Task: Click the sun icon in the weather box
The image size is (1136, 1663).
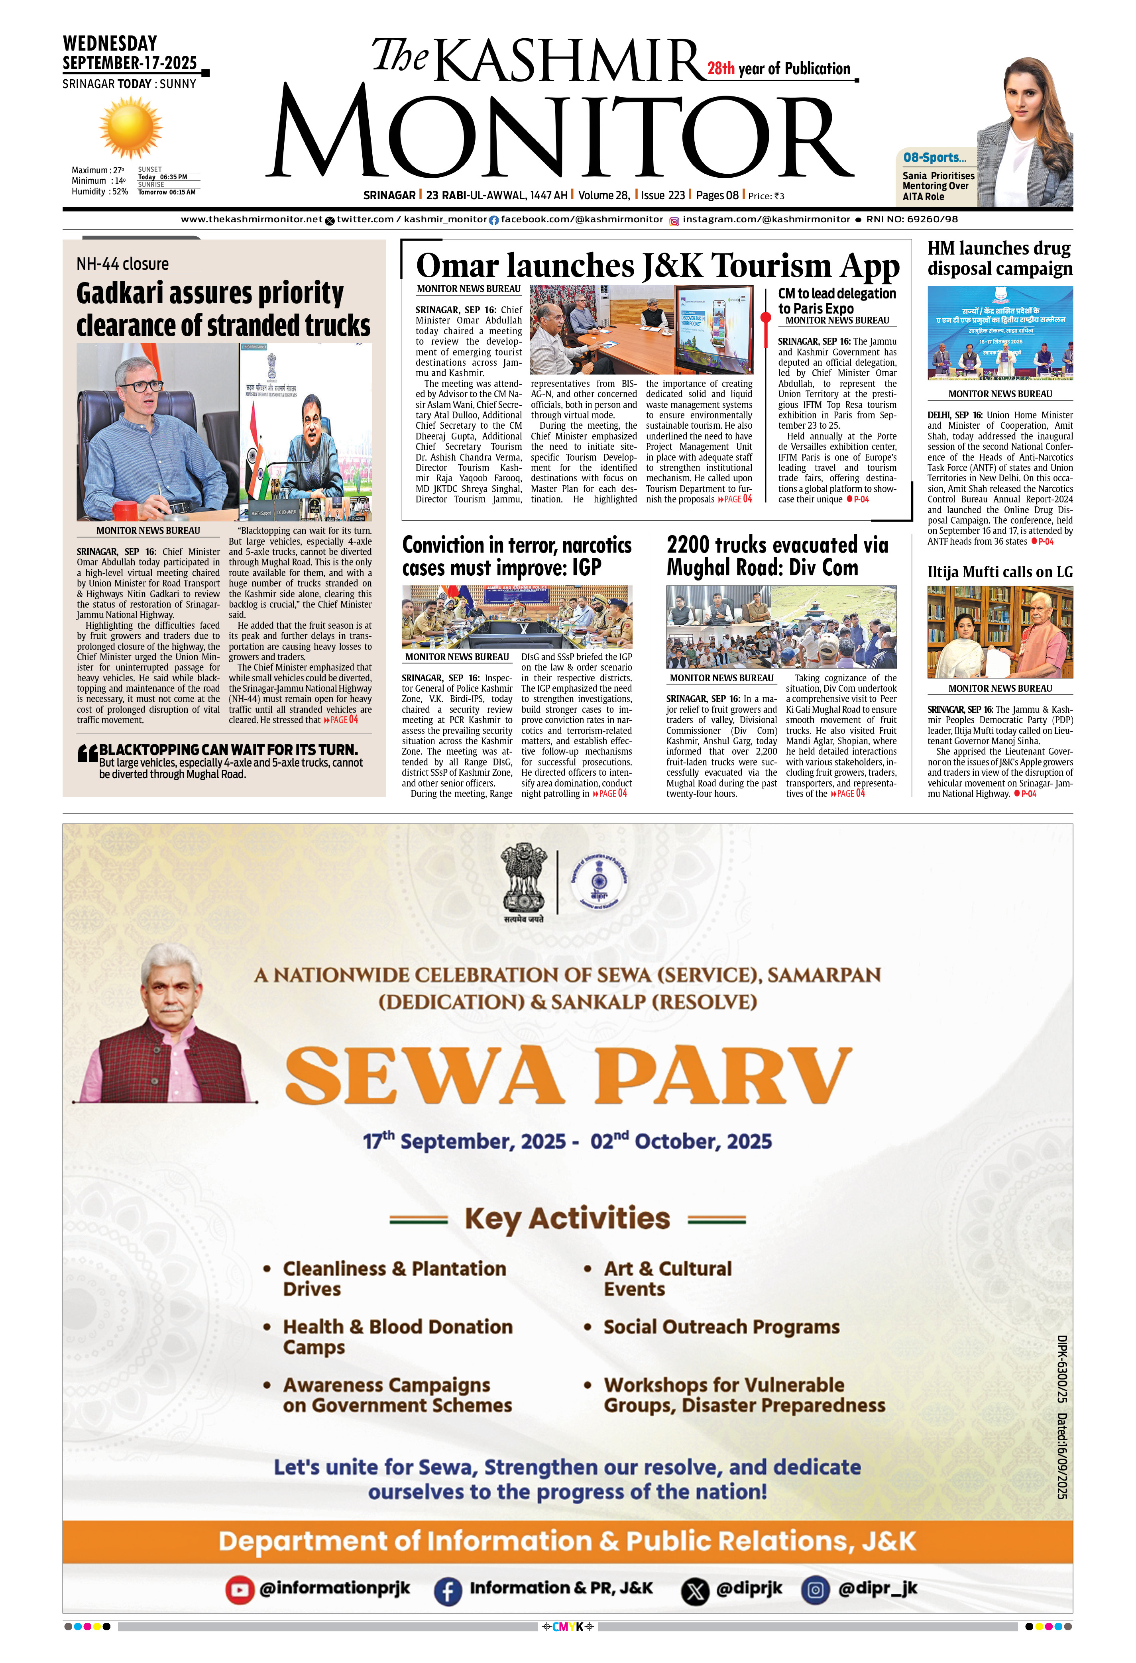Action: pyautogui.click(x=130, y=128)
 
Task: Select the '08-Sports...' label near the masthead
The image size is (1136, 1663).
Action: pyautogui.click(x=934, y=157)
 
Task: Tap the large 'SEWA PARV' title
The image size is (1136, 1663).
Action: pyautogui.click(x=568, y=1075)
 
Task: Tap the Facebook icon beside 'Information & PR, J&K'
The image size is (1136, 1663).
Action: pyautogui.click(x=447, y=1590)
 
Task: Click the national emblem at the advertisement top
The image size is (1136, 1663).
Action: pyautogui.click(x=524, y=882)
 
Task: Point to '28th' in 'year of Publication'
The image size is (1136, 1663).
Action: pyautogui.click(x=721, y=69)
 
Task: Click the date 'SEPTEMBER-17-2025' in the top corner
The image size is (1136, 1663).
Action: pyautogui.click(x=130, y=63)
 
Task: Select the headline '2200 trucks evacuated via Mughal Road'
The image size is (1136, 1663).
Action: pyautogui.click(x=777, y=556)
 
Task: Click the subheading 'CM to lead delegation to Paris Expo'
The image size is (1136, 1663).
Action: pyautogui.click(x=836, y=300)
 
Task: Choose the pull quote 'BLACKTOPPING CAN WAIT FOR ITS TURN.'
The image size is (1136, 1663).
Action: pyautogui.click(x=228, y=749)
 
